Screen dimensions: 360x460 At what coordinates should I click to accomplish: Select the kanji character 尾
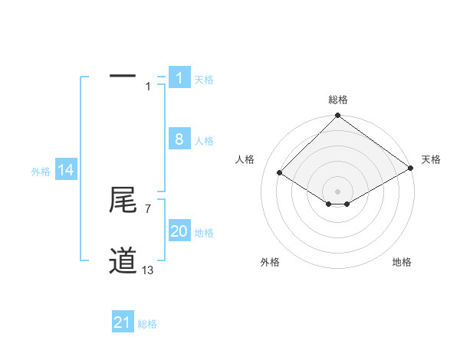pos(123,201)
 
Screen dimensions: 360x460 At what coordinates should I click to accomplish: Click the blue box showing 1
pos(179,77)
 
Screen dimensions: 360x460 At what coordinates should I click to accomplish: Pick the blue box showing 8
pos(179,139)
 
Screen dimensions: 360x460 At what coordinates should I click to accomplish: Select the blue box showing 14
pos(66,171)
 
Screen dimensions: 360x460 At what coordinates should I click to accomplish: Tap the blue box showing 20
pos(179,231)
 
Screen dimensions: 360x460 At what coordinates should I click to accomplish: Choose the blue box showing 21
pos(122,323)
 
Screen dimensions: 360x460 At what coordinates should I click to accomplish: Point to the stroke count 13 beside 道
pos(148,270)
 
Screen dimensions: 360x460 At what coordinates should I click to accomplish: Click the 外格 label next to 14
pos(41,172)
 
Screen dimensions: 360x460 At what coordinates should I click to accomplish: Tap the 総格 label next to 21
pos(147,324)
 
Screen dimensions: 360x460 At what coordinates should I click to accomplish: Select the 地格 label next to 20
pos(204,233)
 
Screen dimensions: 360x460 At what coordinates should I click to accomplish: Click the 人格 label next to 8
pos(204,141)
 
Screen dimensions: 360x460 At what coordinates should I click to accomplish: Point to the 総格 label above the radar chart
pos(338,100)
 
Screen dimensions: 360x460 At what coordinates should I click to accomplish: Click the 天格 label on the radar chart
pos(431,159)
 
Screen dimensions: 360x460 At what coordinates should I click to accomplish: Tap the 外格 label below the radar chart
pos(270,262)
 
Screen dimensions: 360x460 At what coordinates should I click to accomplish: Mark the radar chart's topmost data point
pos(338,116)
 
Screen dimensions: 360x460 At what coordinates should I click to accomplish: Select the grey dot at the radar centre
pos(338,191)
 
